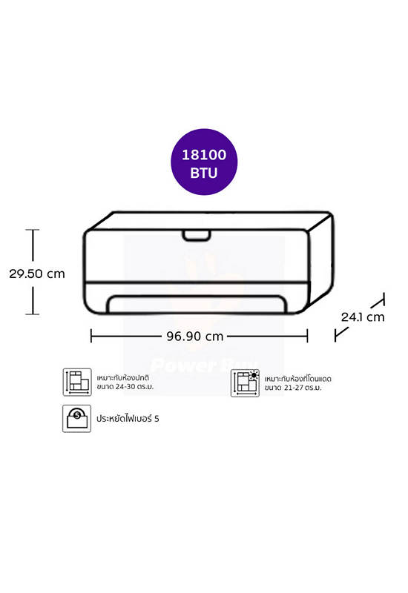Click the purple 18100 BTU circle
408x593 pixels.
(x=204, y=162)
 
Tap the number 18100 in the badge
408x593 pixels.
(x=204, y=155)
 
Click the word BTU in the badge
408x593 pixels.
(x=204, y=173)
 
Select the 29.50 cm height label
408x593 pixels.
(x=37, y=274)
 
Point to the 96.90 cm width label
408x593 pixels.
(x=195, y=337)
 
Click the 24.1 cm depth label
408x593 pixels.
(x=363, y=317)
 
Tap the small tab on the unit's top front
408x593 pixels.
(x=197, y=235)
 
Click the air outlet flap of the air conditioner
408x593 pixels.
(x=197, y=304)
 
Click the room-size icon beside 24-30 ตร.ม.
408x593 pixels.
(x=77, y=382)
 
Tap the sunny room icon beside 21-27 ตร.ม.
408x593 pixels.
(x=246, y=382)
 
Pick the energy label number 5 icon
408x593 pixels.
(x=77, y=418)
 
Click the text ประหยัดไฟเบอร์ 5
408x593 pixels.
(x=128, y=418)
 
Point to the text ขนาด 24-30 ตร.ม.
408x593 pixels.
(x=125, y=387)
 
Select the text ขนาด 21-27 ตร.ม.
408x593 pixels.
(x=293, y=388)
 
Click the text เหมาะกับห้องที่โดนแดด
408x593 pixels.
(x=298, y=379)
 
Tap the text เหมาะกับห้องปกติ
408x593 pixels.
(x=122, y=378)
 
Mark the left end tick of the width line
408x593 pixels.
(x=91, y=336)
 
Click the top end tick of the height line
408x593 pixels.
(x=33, y=230)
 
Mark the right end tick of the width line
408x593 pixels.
(x=307, y=336)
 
